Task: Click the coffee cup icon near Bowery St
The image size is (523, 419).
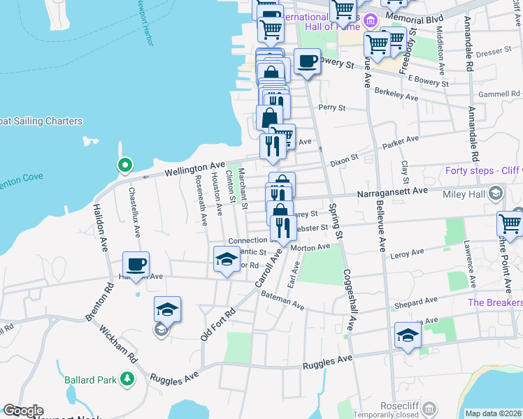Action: [307, 61]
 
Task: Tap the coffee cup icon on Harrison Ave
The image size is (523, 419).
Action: [136, 265]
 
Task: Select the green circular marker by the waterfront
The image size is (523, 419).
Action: [124, 166]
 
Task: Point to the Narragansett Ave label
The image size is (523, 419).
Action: [392, 191]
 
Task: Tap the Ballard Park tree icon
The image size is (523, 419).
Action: [127, 379]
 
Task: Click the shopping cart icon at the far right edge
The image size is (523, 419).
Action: [510, 224]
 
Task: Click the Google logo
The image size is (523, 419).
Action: [23, 411]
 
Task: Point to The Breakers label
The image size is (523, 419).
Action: [494, 302]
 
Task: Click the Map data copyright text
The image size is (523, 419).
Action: [492, 413]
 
